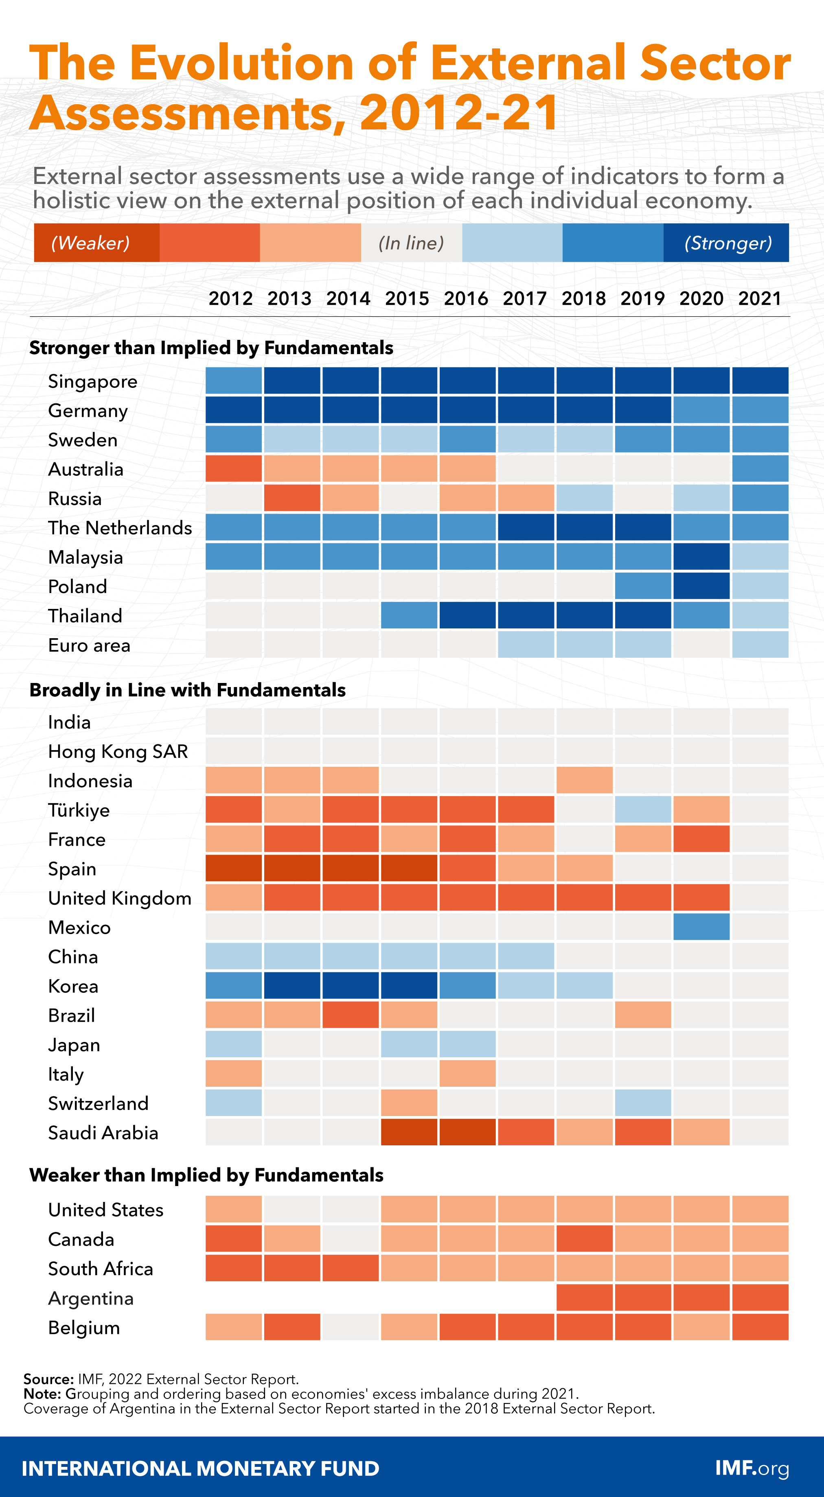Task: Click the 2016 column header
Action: coord(466,299)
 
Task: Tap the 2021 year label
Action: coord(760,299)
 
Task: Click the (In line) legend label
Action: coord(412,243)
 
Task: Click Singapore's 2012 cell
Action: coord(234,381)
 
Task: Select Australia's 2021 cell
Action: coord(760,468)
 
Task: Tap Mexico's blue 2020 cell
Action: coord(701,926)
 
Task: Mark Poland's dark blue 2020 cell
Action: coord(701,586)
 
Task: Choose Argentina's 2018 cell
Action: coord(584,1298)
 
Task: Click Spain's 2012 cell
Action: coord(234,868)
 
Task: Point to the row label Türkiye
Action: coord(79,810)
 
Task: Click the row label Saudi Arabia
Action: coord(103,1133)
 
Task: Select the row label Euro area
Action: coord(89,645)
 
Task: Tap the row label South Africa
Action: coord(101,1269)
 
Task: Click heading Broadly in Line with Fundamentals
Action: coord(187,690)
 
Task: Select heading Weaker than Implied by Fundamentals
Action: coord(206,1175)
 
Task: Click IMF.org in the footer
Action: coord(752,1468)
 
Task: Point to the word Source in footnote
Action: coord(48,1379)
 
